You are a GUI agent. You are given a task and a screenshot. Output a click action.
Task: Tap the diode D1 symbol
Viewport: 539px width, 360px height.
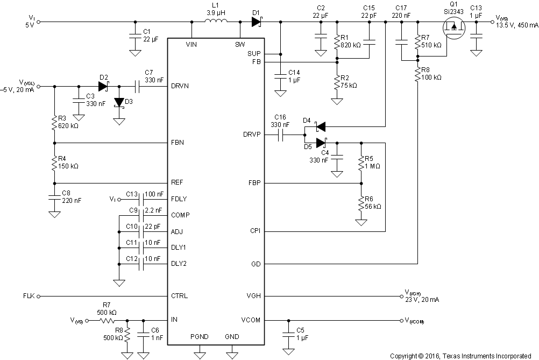point(256,22)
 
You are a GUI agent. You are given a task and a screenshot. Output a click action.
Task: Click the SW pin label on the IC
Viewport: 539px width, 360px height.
point(240,44)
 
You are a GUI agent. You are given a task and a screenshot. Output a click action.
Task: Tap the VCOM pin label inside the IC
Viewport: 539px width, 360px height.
point(251,320)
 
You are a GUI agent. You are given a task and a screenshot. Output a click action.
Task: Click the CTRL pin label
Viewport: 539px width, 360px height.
point(180,296)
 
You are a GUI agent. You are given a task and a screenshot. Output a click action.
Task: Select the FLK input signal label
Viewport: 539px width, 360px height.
point(29,297)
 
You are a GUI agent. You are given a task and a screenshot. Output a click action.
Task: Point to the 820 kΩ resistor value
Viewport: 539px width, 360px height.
point(352,45)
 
